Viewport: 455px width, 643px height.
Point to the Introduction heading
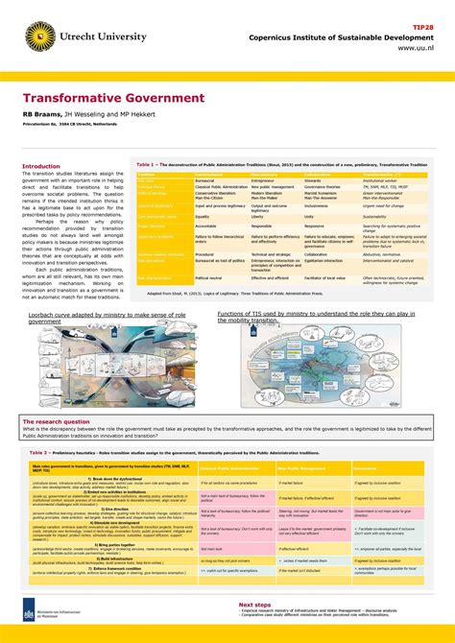point(40,166)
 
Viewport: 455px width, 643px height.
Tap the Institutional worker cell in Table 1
point(380,179)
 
